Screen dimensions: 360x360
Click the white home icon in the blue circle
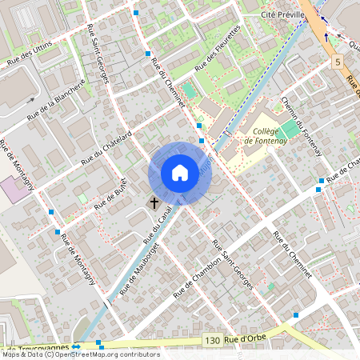pos(180,173)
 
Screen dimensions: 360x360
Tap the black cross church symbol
pos(154,203)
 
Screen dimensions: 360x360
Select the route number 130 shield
pos(211,341)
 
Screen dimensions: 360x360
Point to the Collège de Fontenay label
pos(264,136)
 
